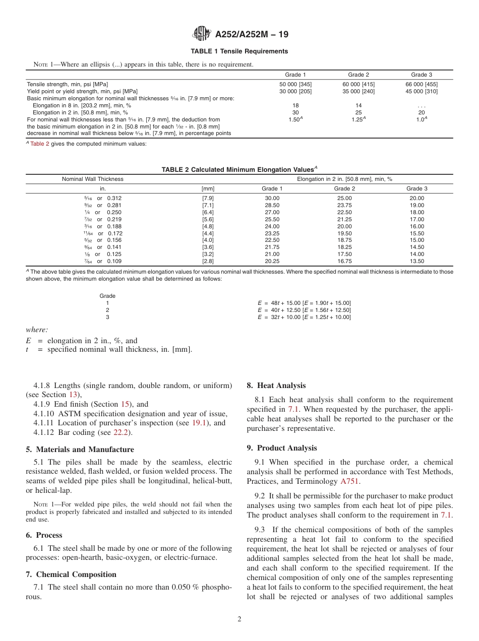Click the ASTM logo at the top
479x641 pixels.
pos(201,34)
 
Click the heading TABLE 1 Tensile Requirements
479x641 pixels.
pos(239,51)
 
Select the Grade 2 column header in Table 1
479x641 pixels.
pos(358,75)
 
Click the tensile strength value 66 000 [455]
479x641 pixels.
pos(422,84)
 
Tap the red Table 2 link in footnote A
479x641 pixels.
pos(40,144)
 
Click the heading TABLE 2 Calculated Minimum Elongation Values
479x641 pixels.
pos(239,170)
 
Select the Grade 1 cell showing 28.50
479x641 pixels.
pos(272,205)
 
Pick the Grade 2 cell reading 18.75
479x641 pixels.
pos(345,240)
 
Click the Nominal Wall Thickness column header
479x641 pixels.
pos(92,179)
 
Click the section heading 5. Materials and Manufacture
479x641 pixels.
pos(80,450)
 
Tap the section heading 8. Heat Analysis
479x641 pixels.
pos(276,386)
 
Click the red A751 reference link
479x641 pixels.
pos(350,481)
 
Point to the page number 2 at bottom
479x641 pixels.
pos(239,619)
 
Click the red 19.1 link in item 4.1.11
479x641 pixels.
pos(199,423)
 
